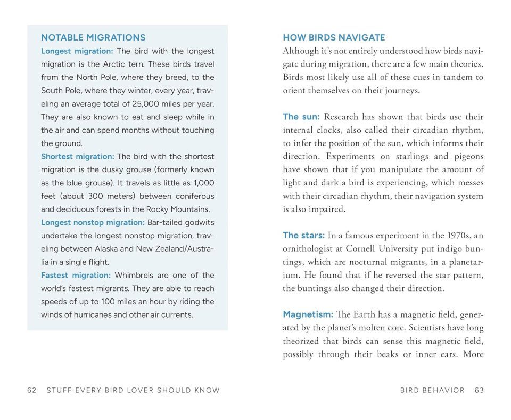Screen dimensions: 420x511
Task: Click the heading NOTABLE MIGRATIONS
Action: point(93,38)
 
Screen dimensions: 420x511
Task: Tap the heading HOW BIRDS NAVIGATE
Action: point(334,38)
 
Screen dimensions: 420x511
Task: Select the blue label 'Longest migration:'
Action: point(77,51)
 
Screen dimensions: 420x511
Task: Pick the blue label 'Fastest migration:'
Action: point(76,275)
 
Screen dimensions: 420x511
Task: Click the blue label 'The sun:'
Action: point(301,117)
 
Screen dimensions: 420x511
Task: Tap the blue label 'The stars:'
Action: point(303,235)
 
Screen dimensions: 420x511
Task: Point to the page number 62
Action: point(31,390)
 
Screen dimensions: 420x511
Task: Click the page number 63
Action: point(479,390)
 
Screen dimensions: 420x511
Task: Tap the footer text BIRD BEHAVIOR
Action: point(432,390)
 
